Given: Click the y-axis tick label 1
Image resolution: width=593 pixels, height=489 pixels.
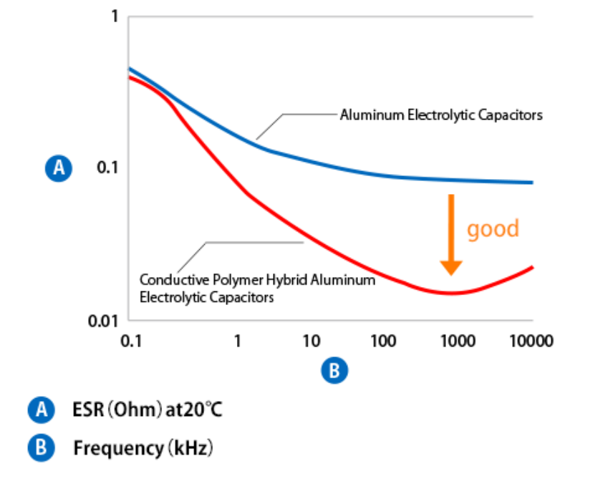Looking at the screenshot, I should [113, 16].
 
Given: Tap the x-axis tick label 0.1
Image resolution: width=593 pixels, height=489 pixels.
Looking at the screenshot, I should [130, 341].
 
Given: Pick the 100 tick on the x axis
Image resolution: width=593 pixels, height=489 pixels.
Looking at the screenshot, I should [385, 341].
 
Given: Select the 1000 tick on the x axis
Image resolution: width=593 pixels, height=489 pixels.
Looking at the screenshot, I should [457, 341].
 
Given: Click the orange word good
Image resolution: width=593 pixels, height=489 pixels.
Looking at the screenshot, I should [493, 229].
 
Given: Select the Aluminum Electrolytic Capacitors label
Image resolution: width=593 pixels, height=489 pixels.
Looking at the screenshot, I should [441, 115].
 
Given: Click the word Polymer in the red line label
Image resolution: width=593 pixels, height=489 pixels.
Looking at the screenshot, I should [221, 280].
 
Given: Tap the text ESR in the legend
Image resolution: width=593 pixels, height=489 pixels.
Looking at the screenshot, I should [88, 410].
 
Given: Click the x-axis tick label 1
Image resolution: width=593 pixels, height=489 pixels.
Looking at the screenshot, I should [237, 341].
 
